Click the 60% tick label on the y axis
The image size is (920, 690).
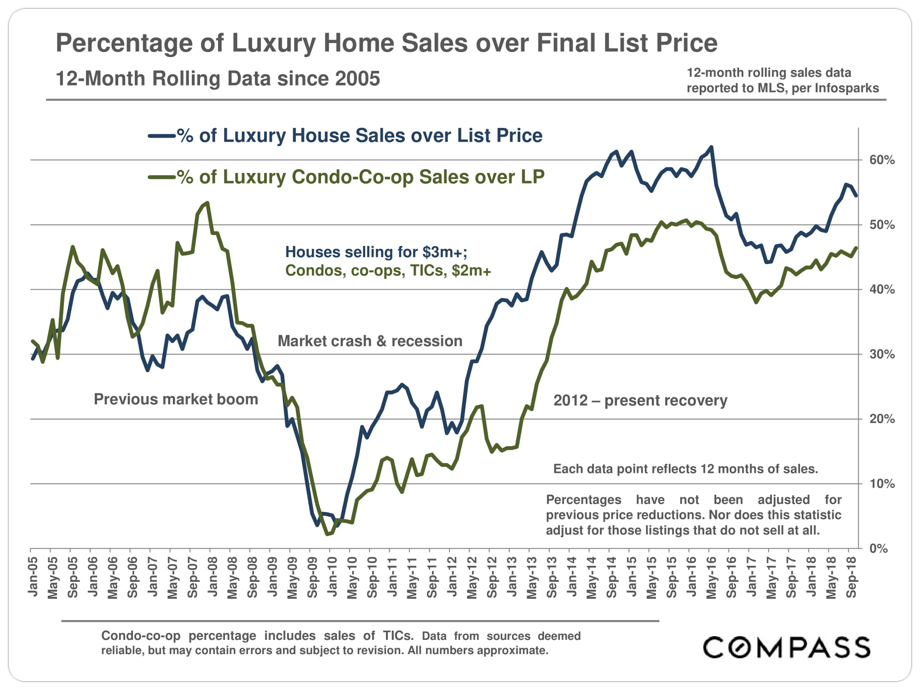(x=881, y=160)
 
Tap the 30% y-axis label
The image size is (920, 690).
(x=881, y=354)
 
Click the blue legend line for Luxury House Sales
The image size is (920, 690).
(x=161, y=136)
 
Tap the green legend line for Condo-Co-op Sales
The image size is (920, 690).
(x=161, y=178)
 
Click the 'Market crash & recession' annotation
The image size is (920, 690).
(x=370, y=341)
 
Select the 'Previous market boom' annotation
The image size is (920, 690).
(x=176, y=399)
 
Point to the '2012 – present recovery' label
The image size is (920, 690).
(x=640, y=401)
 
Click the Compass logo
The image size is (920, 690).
(x=787, y=647)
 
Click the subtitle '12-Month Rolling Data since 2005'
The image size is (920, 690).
(x=218, y=79)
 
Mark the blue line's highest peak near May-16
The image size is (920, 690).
(x=712, y=147)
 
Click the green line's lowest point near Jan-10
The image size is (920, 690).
(x=328, y=534)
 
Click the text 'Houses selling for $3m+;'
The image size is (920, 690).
(x=376, y=252)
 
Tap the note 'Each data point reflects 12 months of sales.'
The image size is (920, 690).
(x=685, y=469)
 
